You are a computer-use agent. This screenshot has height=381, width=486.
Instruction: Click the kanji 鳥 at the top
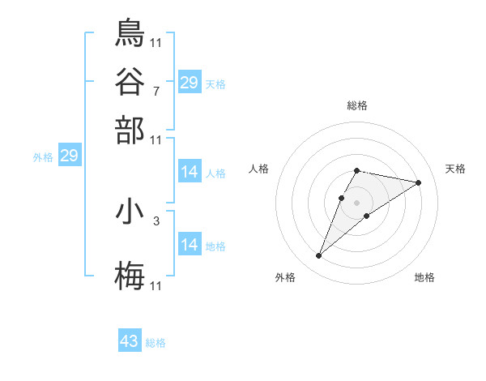[130, 32]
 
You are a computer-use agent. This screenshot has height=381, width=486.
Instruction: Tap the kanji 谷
[130, 81]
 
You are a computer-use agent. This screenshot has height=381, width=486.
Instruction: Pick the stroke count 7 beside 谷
[156, 90]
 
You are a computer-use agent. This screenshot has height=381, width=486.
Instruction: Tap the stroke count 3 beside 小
[156, 220]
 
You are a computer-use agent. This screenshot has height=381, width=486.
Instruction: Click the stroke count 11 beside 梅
[156, 286]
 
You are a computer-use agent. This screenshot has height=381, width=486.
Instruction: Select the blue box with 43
[130, 341]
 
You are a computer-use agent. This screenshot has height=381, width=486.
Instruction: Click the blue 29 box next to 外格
[69, 156]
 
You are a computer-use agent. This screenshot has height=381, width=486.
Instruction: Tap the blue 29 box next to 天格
[189, 83]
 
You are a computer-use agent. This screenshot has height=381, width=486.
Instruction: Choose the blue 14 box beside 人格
[189, 172]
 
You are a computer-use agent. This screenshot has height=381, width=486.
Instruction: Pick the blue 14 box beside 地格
[189, 245]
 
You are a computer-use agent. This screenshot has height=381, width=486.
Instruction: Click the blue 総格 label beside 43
[156, 343]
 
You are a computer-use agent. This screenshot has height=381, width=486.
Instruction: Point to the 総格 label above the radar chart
[356, 105]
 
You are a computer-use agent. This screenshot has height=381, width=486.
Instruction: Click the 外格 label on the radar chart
[285, 277]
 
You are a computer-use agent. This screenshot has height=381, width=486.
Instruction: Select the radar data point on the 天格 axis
[418, 182]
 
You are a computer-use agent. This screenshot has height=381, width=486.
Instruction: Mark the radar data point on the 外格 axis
[318, 256]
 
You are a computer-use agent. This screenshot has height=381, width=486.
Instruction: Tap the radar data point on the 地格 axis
[367, 215]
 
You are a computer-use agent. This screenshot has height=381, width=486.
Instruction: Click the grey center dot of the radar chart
[356, 201]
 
